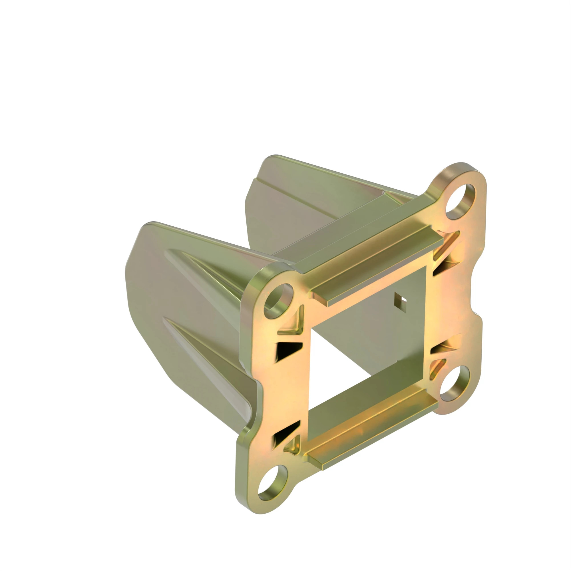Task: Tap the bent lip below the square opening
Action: tap(372, 427)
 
